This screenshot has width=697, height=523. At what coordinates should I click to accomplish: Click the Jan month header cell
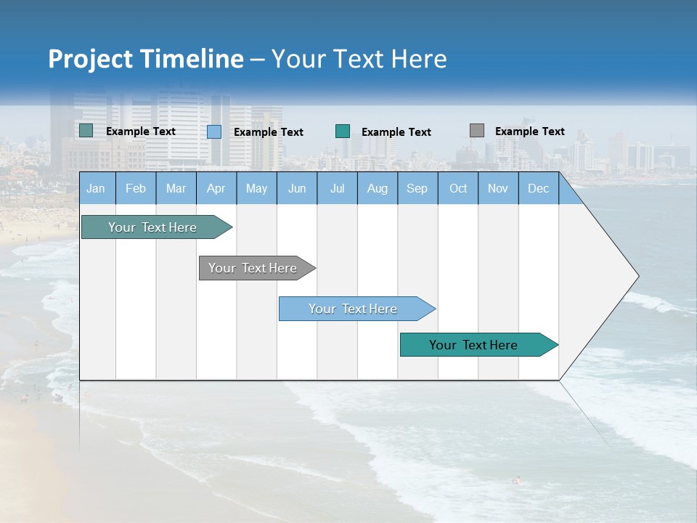pyautogui.click(x=96, y=188)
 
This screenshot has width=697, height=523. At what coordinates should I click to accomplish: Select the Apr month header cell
pyautogui.click(x=216, y=188)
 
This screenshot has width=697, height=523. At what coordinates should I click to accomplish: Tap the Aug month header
pyautogui.click(x=377, y=188)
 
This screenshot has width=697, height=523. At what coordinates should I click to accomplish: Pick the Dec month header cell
pyautogui.click(x=538, y=188)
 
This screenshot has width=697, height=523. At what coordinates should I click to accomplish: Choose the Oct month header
pyautogui.click(x=458, y=188)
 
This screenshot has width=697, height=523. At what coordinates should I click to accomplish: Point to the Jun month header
pyautogui.click(x=296, y=188)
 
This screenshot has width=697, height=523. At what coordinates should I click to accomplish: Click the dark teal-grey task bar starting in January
pyautogui.click(x=152, y=227)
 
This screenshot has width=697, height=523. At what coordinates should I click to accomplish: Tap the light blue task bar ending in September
pyautogui.click(x=353, y=309)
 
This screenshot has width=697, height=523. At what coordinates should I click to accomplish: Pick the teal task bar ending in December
pyautogui.click(x=473, y=345)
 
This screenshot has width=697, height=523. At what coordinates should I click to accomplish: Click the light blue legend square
pyautogui.click(x=214, y=131)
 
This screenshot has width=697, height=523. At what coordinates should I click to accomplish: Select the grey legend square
pyautogui.click(x=477, y=131)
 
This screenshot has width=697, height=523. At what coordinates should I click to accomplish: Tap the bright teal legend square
pyautogui.click(x=343, y=131)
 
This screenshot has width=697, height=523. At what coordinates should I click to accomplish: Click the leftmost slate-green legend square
pyautogui.click(x=86, y=131)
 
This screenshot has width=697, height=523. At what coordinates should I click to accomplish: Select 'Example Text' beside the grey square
pyautogui.click(x=529, y=131)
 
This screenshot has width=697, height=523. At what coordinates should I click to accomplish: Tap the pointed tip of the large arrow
pyautogui.click(x=637, y=276)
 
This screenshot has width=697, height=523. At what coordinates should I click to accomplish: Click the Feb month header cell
pyautogui.click(x=135, y=188)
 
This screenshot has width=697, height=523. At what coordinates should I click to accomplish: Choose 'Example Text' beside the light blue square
pyautogui.click(x=268, y=132)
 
